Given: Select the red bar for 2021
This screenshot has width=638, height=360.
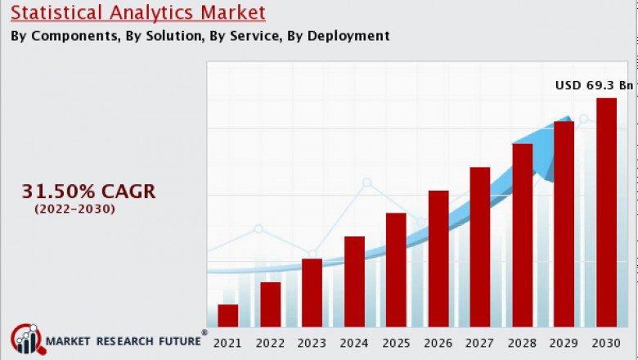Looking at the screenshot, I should click(x=228, y=316).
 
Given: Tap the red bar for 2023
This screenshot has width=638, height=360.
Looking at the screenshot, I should click(x=312, y=293).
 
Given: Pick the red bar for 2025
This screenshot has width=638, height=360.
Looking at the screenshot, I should click(x=396, y=270).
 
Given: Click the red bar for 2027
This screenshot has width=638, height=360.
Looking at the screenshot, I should click(x=480, y=247).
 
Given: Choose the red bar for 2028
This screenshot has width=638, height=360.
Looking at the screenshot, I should click(x=523, y=236).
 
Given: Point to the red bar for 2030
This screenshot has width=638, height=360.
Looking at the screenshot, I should click(x=606, y=213).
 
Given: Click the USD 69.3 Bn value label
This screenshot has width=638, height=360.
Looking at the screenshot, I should click(x=595, y=85).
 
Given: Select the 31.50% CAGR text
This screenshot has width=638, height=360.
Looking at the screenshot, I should click(x=88, y=192).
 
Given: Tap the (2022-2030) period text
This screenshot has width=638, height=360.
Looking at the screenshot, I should click(x=75, y=210).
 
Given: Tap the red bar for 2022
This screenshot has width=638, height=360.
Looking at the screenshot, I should click(x=271, y=304).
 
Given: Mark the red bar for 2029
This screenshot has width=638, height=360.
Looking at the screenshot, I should click(x=564, y=224).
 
